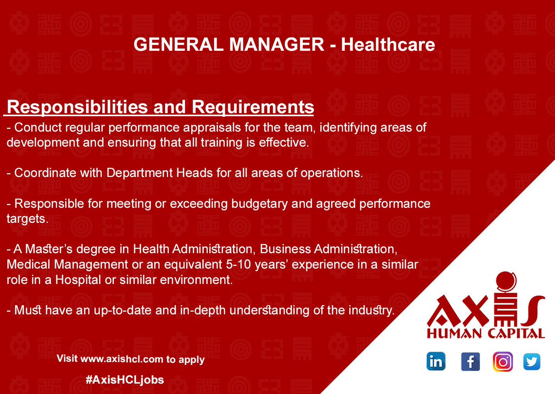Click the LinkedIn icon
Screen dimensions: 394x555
coord(436,362)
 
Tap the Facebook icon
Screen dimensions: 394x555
coord(470,362)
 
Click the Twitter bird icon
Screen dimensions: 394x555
coord(532,362)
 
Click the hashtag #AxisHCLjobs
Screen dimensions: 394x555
coord(125,380)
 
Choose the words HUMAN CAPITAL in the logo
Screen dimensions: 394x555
coord(486,333)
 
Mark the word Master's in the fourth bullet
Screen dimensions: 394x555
coord(41,250)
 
